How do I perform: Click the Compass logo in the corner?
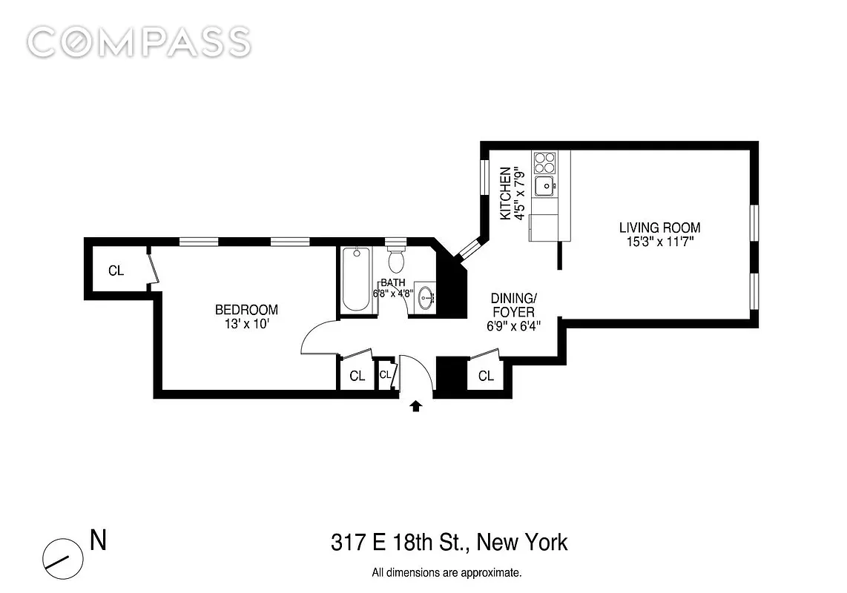[x=139, y=42]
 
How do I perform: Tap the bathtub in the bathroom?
[x=356, y=279]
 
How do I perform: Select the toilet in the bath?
[x=397, y=259]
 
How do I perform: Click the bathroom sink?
[x=426, y=296]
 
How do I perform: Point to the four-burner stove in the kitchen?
[x=544, y=162]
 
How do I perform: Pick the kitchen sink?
[x=545, y=186]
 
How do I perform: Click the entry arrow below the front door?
[x=416, y=405]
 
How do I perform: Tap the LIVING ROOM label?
[x=659, y=228]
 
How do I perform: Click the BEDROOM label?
[x=246, y=310]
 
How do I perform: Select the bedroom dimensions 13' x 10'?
[x=247, y=324]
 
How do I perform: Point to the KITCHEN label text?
[x=505, y=193]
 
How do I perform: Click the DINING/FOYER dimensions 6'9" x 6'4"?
[x=514, y=326]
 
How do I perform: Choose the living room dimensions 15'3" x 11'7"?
[x=659, y=242]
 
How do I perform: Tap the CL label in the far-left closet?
[x=116, y=271]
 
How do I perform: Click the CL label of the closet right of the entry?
[x=486, y=376]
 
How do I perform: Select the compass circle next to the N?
[x=63, y=559]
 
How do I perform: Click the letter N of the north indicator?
[x=99, y=540]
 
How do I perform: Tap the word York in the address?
[x=546, y=543]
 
